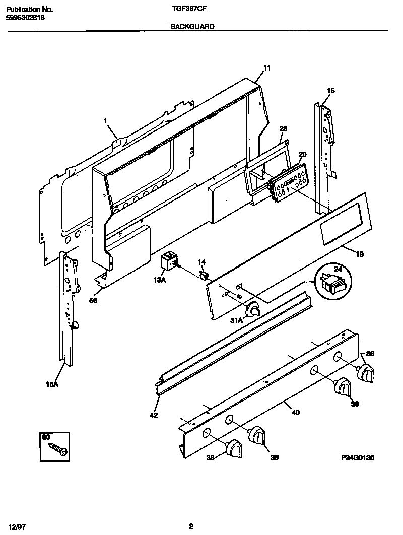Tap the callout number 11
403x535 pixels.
(x=267, y=68)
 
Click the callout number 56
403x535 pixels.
(x=93, y=301)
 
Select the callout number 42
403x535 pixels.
(x=154, y=415)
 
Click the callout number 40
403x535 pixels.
(x=296, y=413)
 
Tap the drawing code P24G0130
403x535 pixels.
(x=357, y=457)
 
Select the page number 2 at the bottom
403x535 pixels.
(x=191, y=526)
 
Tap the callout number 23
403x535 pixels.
(x=283, y=128)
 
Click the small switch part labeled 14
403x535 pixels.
(x=205, y=275)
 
